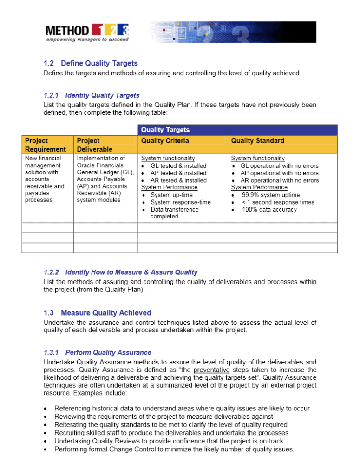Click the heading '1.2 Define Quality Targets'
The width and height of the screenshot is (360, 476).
pyautogui.click(x=91, y=63)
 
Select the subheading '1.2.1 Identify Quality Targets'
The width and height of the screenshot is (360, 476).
pyautogui.click(x=91, y=95)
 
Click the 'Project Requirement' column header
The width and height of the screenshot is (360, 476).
pyautogui.click(x=45, y=145)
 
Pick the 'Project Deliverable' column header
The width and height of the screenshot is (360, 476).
pyautogui.click(x=94, y=145)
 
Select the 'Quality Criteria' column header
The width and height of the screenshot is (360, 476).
pyautogui.click(x=165, y=140)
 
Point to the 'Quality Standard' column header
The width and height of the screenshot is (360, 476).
pyautogui.click(x=257, y=140)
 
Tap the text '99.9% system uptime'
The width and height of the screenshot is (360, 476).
pyautogui.click(x=271, y=195)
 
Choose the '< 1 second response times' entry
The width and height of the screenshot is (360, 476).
pyautogui.click(x=278, y=202)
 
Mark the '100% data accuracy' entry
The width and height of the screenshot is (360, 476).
pyautogui.click(x=269, y=210)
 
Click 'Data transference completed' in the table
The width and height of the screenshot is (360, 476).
pyautogui.click(x=174, y=213)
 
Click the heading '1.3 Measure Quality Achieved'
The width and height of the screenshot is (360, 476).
pyautogui.click(x=97, y=313)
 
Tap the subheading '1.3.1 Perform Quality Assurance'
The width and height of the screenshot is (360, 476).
pyautogui.click(x=97, y=353)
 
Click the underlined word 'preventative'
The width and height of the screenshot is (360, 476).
pyautogui.click(x=211, y=370)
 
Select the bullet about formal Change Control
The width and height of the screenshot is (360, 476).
pyautogui.click(x=174, y=450)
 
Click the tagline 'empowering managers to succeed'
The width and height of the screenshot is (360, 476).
pyautogui.click(x=87, y=40)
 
